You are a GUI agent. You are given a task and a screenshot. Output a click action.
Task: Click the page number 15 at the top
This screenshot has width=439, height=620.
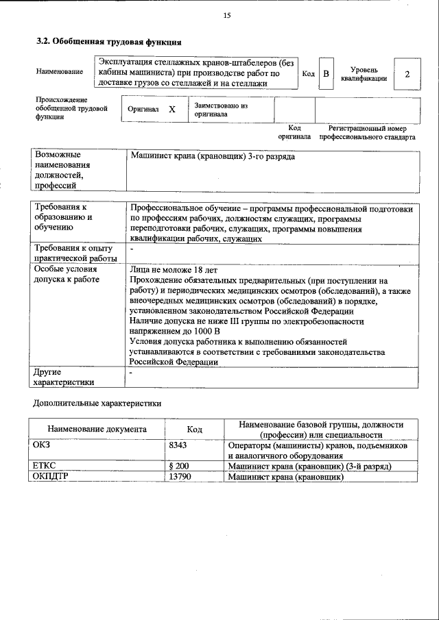227,16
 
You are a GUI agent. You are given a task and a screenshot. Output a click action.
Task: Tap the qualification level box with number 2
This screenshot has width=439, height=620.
407,73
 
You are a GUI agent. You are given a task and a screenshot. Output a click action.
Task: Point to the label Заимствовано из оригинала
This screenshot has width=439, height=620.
220,110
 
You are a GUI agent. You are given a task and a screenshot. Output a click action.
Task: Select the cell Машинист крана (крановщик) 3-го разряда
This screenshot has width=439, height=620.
213,157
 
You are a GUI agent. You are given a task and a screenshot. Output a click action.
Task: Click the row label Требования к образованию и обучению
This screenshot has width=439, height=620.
62,217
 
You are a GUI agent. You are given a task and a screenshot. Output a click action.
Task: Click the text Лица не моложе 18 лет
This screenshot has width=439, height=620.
174,270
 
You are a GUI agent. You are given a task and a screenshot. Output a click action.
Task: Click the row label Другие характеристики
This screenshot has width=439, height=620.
64,377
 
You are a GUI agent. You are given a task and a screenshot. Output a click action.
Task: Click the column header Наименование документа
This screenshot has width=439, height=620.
97,429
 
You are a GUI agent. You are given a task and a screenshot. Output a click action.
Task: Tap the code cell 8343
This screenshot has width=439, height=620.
178,445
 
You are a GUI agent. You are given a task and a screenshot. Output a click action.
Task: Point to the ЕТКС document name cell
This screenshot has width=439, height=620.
44,466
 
